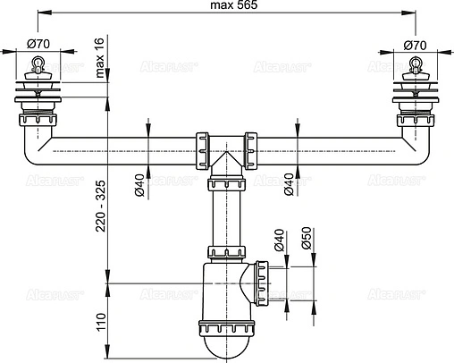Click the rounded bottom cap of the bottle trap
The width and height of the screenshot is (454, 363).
coord(226,344)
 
